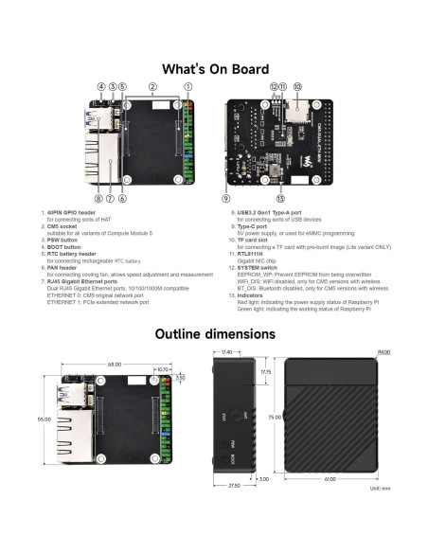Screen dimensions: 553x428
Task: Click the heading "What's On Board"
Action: click(x=214, y=69)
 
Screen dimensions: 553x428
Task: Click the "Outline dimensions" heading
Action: click(x=214, y=333)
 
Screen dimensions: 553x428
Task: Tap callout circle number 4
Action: click(x=100, y=86)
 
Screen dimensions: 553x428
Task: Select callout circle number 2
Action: click(x=153, y=86)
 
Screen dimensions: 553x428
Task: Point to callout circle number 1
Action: click(x=187, y=86)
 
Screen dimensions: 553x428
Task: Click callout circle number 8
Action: click(x=98, y=198)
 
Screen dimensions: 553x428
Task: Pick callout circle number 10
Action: click(x=297, y=86)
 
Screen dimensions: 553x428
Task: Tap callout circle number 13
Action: click(x=280, y=198)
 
